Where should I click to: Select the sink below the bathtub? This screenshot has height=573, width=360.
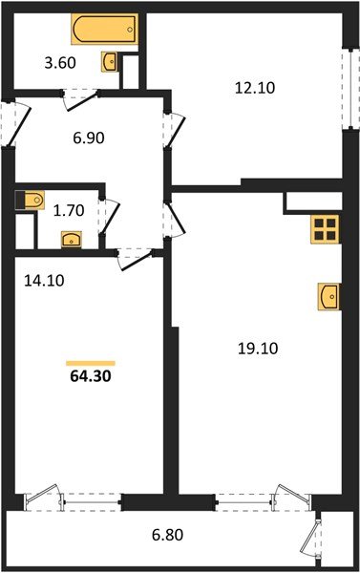click(110, 63)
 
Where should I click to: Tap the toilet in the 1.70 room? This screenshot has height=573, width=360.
click(32, 200)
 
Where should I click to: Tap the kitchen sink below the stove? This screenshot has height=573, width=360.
click(328, 296)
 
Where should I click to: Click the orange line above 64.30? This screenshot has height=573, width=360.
click(90, 363)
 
